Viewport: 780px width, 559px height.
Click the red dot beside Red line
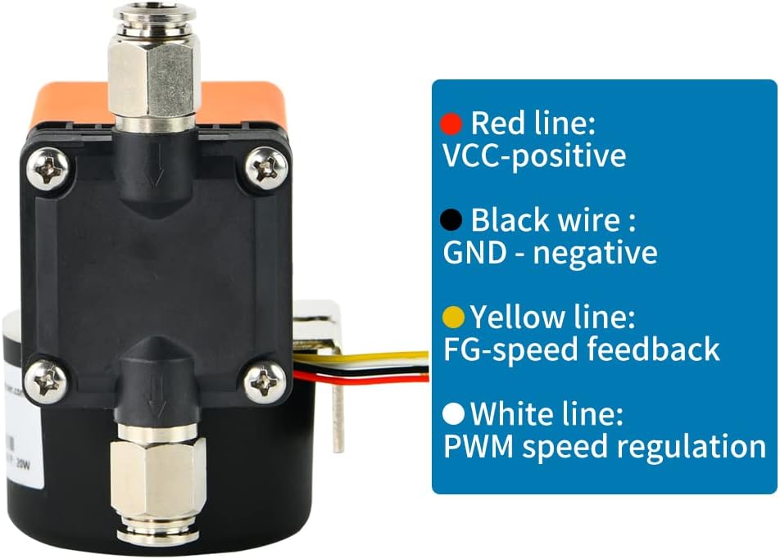tap(451, 124)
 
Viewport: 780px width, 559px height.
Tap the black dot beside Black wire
tap(450, 220)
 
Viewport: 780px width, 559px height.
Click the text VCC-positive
tap(534, 155)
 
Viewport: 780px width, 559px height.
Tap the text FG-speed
tap(510, 349)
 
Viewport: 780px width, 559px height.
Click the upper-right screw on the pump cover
tap(265, 169)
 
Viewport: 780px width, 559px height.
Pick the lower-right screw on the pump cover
tap(264, 378)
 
